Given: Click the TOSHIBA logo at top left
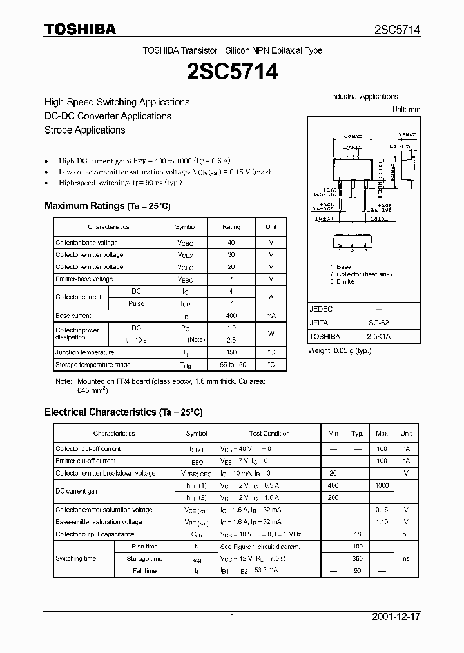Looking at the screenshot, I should click(80, 29).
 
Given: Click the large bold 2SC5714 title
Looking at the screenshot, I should click(232, 72).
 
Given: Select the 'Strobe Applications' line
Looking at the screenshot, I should click(84, 130).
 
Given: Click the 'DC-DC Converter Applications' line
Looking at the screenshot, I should click(108, 116).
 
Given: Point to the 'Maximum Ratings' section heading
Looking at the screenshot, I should click(107, 206).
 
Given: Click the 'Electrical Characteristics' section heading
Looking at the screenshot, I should click(123, 412).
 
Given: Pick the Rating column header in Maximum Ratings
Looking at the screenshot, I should click(231, 227).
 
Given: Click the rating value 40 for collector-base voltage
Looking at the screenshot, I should click(231, 243).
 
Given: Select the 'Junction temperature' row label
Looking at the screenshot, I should click(84, 352).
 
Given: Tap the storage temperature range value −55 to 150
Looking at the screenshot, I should click(231, 365).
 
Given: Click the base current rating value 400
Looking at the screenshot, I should click(231, 316).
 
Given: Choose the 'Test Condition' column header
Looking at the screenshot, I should click(269, 434).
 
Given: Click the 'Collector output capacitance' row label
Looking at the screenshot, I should click(95, 534).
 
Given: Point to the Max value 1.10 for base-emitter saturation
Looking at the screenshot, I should click(382, 522).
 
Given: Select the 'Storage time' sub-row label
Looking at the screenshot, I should click(144, 559).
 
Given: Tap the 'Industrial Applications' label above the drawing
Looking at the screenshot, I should click(363, 97).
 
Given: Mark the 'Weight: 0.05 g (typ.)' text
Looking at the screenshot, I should click(340, 350).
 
